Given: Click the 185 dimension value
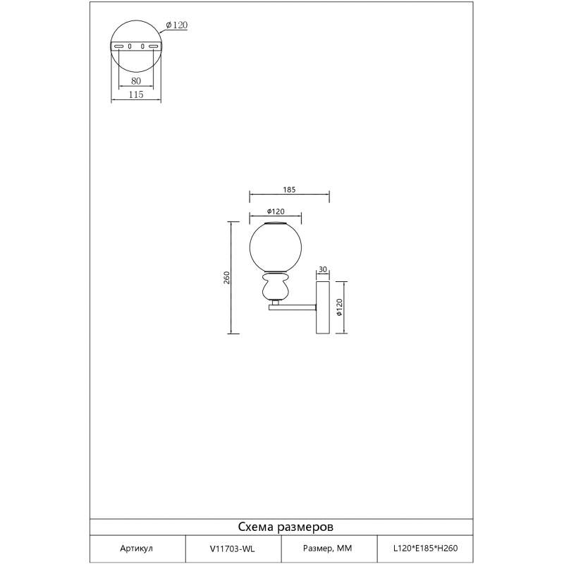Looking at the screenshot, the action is coord(289,190).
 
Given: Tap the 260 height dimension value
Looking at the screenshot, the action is coord(226,278).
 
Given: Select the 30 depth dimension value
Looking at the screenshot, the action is coord(323,269).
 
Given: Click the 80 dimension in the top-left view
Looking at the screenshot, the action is coord(136,81).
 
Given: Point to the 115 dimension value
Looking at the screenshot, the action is coord(136,94).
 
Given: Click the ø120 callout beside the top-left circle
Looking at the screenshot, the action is coord(177,25).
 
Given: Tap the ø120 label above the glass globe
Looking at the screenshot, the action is coord(276,211).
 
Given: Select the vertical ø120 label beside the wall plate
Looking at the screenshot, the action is coord(339,307).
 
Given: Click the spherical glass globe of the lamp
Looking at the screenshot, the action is coord(276,247).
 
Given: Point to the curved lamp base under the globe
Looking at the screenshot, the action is coord(276,286).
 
